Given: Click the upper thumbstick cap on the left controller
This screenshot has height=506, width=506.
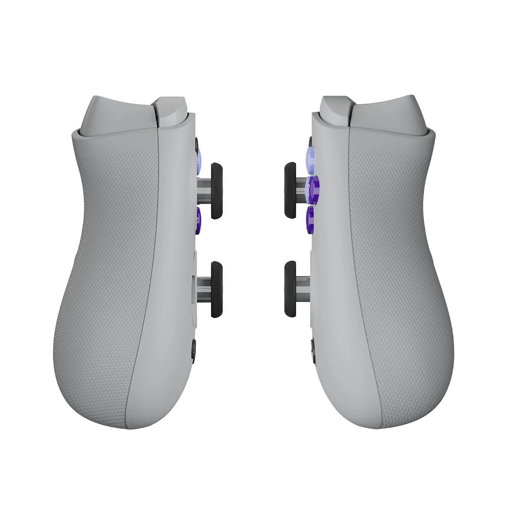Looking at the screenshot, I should coord(217,191).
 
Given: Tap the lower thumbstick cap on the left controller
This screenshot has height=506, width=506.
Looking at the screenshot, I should coord(217,289).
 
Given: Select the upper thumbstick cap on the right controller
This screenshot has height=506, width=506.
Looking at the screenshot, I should coord(290,190).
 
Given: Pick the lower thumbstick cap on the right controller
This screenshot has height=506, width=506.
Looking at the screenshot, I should coord(290,289).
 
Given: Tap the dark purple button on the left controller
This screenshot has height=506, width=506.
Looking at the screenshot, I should coord(198,218).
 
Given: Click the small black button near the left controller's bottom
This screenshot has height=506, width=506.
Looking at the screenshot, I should coord(194,351).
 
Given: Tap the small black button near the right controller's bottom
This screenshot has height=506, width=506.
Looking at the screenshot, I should coord(313,350).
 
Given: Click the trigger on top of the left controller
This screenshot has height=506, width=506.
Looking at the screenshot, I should coord(172,110).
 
